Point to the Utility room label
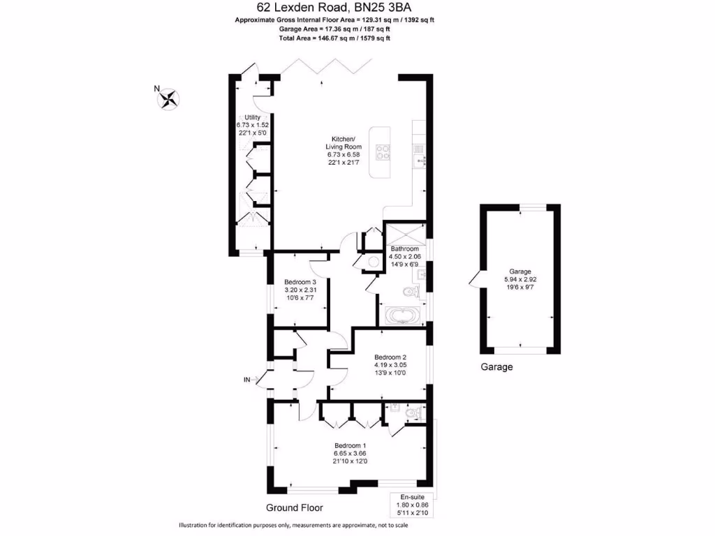(252, 117)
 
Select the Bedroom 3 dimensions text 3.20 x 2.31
(301, 290)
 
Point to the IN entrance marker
(246, 380)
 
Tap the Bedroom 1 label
(350, 446)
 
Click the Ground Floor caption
(294, 507)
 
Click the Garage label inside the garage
(520, 271)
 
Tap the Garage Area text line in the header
(333, 29)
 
